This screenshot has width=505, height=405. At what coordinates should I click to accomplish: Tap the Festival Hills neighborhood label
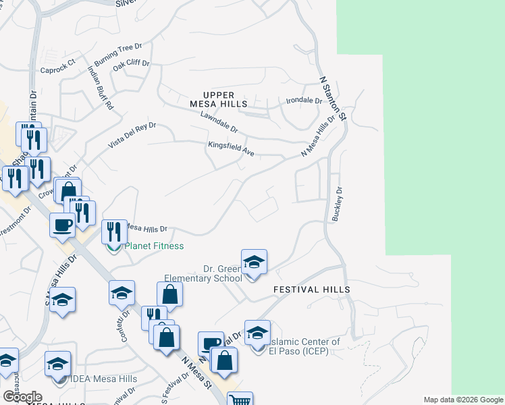[311, 290]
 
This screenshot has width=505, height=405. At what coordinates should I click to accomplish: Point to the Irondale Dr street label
[304, 101]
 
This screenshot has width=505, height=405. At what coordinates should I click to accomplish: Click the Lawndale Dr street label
[219, 122]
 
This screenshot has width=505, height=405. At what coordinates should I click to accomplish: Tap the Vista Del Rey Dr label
[133, 135]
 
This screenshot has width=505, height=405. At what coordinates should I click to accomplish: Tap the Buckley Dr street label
[336, 205]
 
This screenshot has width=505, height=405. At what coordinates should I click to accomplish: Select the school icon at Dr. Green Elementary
[254, 262]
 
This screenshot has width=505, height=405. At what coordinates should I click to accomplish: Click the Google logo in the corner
[22, 397]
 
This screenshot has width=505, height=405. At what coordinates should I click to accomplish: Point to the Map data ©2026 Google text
[463, 400]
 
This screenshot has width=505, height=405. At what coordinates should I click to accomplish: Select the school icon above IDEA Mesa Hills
[57, 364]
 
